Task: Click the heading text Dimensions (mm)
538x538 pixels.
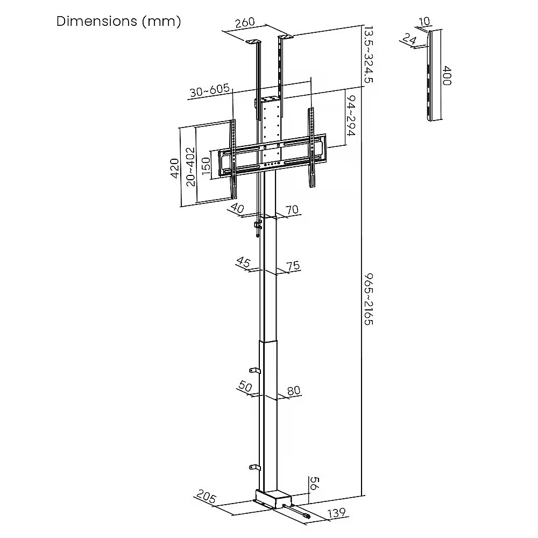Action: point(118,22)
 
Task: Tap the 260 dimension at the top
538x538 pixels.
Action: point(245,24)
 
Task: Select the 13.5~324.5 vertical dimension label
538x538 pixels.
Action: point(369,53)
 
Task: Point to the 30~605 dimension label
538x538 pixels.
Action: point(209,90)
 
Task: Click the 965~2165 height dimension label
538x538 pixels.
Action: point(369,298)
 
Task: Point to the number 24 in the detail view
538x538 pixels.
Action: point(409,38)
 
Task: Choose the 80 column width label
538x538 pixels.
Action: point(294,391)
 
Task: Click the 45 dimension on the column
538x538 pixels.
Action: point(243,263)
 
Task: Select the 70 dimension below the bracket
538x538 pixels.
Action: point(292,210)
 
